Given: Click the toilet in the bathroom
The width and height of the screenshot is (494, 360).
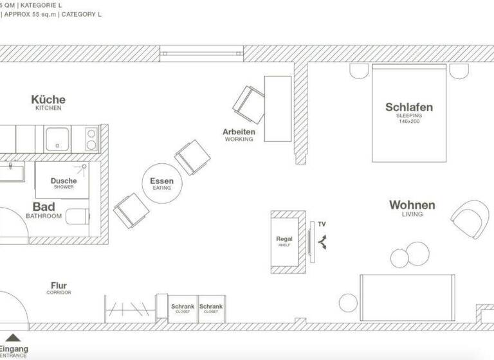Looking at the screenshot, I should pyautogui.click(x=76, y=217).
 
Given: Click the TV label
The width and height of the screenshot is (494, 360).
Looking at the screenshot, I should pyautogui.click(x=322, y=224).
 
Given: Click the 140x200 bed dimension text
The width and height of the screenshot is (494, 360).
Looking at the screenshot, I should pyautogui.click(x=408, y=122).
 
